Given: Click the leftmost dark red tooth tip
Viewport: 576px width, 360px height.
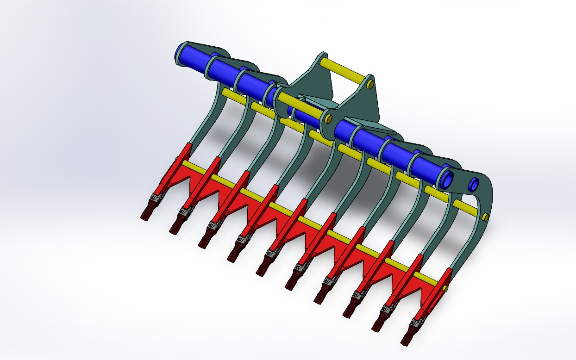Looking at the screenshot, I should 146,214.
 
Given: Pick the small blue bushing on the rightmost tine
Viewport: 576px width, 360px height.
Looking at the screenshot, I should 473,184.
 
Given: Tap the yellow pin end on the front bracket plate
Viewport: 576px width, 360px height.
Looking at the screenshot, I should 328,119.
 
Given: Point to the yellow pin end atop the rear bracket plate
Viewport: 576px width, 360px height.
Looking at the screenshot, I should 371,85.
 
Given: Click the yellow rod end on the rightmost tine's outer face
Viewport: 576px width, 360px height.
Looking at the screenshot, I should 485,217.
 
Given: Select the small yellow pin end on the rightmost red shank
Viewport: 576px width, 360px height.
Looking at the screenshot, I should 445,288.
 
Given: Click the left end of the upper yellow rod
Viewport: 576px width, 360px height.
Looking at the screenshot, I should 225,93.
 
